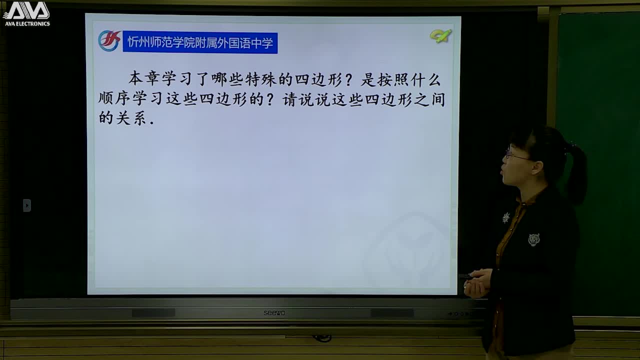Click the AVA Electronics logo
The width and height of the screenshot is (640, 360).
coord(26,13)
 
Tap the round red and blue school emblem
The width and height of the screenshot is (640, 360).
coord(109,41)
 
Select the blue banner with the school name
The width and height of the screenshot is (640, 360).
coord(200,43)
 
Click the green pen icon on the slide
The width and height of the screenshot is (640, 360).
coord(440,36)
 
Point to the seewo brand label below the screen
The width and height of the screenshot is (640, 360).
coord(274,313)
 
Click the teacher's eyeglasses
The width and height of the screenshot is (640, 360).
coord(514,155)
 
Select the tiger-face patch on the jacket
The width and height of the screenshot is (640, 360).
coord(533,240)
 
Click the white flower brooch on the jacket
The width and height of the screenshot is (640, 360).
coord(506,217)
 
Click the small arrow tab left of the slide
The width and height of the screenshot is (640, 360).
coord(27,205)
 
